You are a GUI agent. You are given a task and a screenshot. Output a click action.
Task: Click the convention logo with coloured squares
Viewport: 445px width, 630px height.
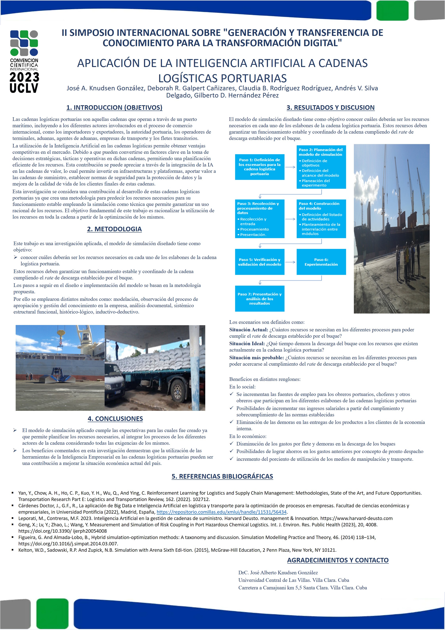tap(24, 43)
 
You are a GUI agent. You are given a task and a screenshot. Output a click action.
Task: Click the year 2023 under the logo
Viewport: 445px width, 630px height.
tap(24, 77)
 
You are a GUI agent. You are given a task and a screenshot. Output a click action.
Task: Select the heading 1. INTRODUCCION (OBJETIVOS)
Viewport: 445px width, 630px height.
tap(114, 108)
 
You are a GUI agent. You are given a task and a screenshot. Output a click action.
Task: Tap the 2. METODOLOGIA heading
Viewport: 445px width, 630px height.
tap(114, 229)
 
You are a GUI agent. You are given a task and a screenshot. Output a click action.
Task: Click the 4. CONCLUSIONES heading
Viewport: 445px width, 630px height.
tap(115, 419)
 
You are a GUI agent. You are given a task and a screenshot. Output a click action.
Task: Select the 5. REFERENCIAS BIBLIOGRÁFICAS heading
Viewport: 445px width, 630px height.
tap(222, 476)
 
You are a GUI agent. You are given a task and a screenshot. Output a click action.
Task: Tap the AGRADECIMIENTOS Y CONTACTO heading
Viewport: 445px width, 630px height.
tap(338, 560)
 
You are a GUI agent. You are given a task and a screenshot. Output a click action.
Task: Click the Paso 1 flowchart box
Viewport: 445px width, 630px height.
tap(260, 167)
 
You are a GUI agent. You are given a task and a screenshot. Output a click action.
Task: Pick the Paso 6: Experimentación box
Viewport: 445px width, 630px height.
tap(321, 262)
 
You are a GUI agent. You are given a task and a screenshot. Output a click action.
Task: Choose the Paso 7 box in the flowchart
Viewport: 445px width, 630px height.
tap(260, 298)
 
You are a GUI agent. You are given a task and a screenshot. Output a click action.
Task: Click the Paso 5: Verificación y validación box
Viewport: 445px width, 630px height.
tap(260, 262)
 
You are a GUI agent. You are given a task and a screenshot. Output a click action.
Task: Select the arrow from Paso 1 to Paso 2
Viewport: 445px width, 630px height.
tap(290, 167)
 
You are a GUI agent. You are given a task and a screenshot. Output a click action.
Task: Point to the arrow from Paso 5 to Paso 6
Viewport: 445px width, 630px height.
tap(290, 262)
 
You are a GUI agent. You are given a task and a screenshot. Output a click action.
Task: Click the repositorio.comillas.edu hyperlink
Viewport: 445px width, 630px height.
tap(221, 512)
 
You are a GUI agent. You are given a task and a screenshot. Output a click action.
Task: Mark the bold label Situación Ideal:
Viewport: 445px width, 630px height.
tap(247, 343)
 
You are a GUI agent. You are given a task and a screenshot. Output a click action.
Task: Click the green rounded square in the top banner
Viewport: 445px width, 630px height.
tap(392, 11)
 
